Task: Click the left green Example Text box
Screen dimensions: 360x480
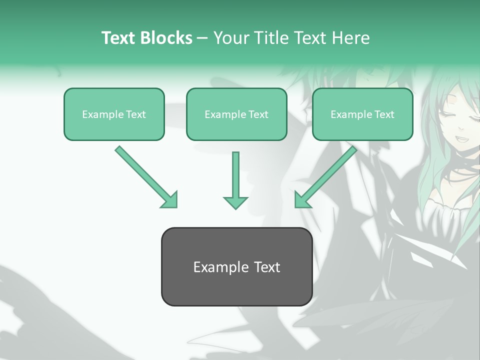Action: click(114, 114)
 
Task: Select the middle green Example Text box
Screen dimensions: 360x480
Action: click(236, 114)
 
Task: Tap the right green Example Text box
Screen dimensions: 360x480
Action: click(362, 114)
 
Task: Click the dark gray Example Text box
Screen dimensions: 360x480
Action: click(236, 266)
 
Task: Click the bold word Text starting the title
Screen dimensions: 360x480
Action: click(119, 37)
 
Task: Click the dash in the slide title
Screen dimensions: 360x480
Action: click(202, 38)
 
